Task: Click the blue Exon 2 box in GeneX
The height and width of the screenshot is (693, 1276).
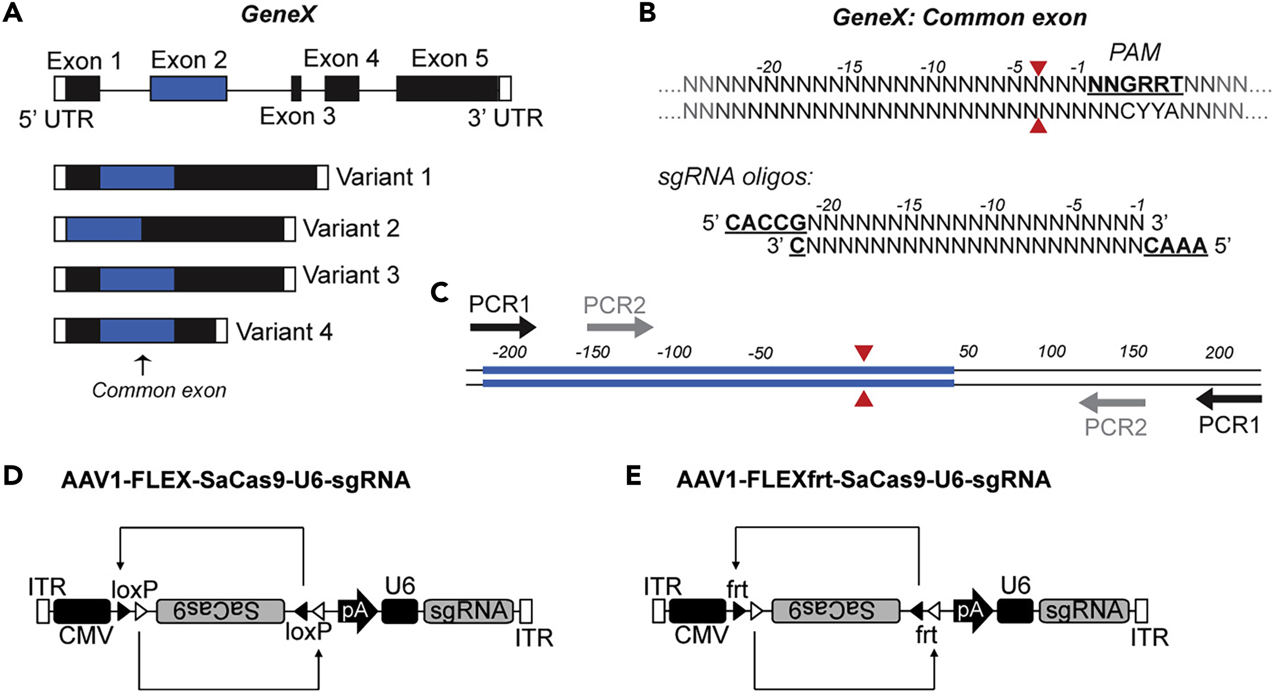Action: tap(188, 88)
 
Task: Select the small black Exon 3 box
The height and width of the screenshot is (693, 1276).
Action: tap(296, 88)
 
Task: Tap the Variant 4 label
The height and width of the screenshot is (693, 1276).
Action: tap(284, 332)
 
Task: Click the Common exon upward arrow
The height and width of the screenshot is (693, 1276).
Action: tap(143, 366)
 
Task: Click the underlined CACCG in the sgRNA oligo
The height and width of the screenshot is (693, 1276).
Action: tap(766, 222)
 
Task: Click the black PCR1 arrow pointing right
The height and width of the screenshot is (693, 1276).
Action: tap(503, 327)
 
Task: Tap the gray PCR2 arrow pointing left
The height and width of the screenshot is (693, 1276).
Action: tap(1112, 403)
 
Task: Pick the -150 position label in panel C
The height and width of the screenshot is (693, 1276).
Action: tap(592, 352)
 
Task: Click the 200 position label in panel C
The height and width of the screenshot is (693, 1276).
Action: tap(1219, 352)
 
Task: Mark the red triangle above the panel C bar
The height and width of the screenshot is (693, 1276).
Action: tap(863, 352)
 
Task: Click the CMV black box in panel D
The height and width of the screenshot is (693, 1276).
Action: tap(82, 611)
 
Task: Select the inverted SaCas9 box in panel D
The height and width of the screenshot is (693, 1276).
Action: tap(220, 611)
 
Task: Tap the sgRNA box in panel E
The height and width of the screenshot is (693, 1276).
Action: tap(1084, 611)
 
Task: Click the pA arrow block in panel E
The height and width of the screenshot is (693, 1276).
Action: tap(973, 611)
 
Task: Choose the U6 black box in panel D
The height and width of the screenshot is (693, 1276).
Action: tap(399, 611)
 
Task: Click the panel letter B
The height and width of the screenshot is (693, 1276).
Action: tap(647, 13)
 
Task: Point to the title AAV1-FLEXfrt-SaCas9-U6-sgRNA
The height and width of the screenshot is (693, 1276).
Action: tap(863, 480)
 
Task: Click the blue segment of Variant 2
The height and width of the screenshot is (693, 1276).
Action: tap(104, 229)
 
